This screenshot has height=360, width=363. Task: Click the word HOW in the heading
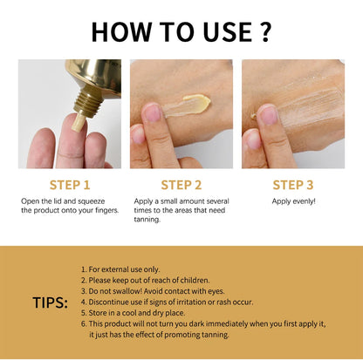click(121, 31)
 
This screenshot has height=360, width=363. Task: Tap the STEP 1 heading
click(70, 185)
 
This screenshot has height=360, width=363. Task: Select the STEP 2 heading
click(181, 185)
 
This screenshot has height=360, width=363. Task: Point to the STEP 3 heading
click(293, 185)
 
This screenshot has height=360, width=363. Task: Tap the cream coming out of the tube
click(79, 123)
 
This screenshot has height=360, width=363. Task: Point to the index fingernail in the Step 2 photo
click(153, 113)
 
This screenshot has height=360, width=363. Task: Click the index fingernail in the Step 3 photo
click(268, 115)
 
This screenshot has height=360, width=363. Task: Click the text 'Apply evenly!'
click(293, 201)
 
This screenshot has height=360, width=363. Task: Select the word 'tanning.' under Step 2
click(147, 220)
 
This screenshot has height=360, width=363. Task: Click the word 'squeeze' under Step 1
click(91, 201)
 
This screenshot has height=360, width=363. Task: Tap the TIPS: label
click(50, 302)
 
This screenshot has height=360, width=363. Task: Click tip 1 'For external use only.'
click(120, 269)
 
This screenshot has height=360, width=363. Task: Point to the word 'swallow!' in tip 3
click(128, 291)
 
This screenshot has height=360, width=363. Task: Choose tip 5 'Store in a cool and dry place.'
click(134, 313)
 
